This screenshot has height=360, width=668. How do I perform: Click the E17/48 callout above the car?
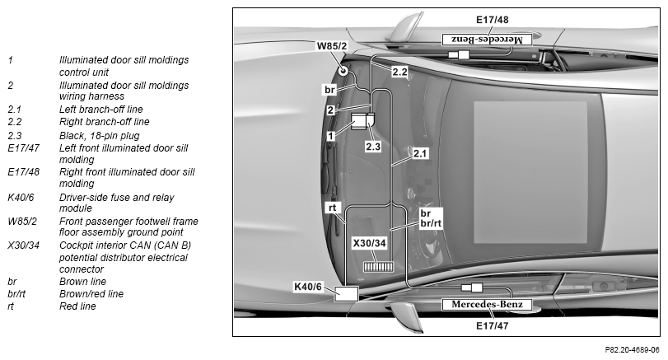[x=492, y=20]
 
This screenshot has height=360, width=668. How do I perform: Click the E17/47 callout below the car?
[x=492, y=326]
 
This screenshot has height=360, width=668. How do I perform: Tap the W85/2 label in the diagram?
[x=331, y=45]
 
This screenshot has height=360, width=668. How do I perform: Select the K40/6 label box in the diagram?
[x=308, y=287]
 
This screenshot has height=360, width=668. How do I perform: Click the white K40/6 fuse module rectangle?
[x=346, y=294]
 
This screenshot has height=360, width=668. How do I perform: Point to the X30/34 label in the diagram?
[x=369, y=243]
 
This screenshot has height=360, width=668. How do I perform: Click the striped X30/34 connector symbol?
[x=378, y=267]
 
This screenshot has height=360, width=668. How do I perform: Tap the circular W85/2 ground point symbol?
[x=343, y=70]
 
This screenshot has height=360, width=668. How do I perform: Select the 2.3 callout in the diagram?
[x=373, y=147]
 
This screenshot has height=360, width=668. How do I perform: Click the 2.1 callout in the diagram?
[x=420, y=153]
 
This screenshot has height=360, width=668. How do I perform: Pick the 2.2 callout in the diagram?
[x=399, y=72]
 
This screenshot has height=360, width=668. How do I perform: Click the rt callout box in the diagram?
[x=332, y=208]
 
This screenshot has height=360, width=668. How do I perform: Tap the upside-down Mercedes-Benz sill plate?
[x=487, y=40]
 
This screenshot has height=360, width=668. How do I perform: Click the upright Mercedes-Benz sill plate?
[x=487, y=304]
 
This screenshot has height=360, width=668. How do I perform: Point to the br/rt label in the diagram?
[x=431, y=223]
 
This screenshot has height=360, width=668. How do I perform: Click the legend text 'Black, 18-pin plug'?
[x=100, y=136]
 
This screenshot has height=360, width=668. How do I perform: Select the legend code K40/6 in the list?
[x=21, y=198]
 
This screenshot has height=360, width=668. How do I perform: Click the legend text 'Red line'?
[x=77, y=306]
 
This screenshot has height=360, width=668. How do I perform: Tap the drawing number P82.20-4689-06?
[x=633, y=350]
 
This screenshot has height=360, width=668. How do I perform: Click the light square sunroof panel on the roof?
[x=530, y=172]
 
